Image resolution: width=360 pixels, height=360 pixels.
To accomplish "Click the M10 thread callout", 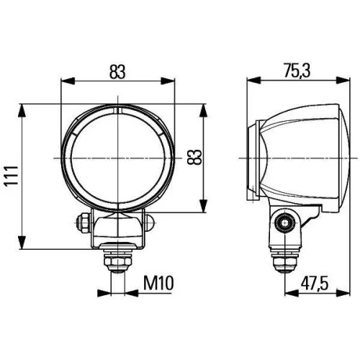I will pos(158,282).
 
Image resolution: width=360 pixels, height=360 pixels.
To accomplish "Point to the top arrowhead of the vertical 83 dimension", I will pos(209,108).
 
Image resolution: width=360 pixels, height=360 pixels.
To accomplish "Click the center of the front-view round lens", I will pos(117,157).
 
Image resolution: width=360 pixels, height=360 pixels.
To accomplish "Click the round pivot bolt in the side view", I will pos(287,223).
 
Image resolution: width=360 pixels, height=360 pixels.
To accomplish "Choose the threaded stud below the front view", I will pos(117,259).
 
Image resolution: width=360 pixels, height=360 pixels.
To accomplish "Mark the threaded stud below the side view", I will pos(285,261).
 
